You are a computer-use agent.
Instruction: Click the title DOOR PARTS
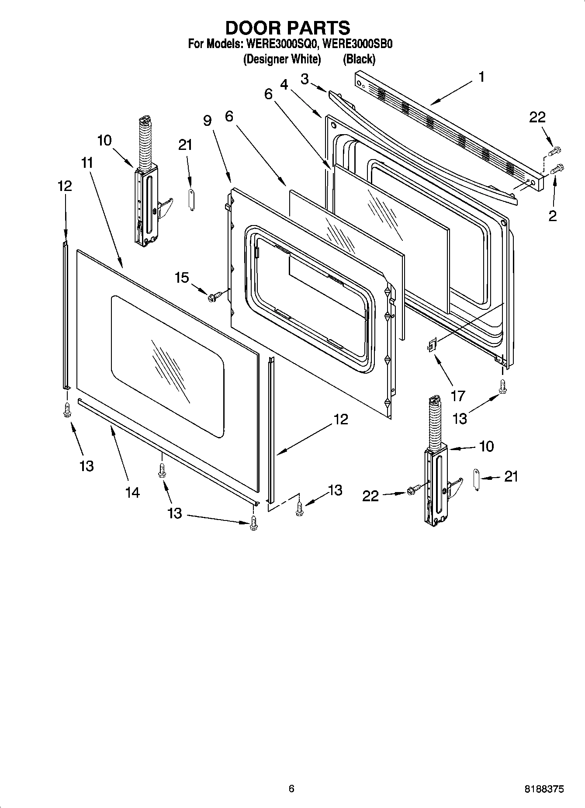(287, 28)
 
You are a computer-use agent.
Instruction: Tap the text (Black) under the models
(359, 59)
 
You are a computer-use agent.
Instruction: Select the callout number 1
(481, 77)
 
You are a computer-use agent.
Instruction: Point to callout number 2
(553, 215)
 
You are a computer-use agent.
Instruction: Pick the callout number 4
(284, 84)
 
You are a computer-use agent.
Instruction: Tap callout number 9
(207, 121)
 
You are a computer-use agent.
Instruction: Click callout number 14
(132, 492)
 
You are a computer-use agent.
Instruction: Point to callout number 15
(182, 277)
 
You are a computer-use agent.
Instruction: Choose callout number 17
(458, 396)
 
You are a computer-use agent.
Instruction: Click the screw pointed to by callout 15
(214, 297)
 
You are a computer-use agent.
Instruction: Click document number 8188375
(544, 789)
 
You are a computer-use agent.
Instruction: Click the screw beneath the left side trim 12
(67, 410)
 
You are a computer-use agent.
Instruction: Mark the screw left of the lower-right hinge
(413, 491)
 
